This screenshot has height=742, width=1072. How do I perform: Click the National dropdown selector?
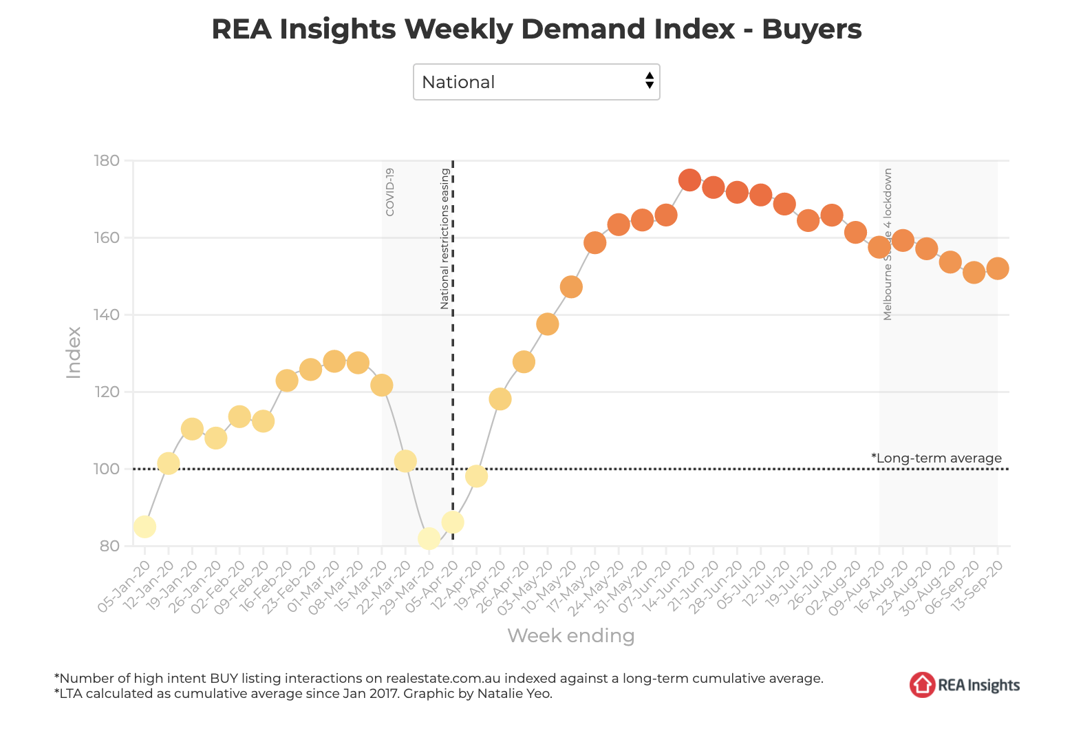coord(536,82)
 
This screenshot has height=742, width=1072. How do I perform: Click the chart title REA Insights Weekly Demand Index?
coord(536,30)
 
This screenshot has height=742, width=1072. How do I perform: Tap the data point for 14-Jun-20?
coord(689,180)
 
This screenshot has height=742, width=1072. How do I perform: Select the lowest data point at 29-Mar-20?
coord(429,538)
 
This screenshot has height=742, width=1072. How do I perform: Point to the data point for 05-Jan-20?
coord(144,527)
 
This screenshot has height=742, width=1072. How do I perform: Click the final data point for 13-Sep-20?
coord(997,268)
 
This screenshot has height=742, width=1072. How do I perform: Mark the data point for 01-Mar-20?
coord(334,361)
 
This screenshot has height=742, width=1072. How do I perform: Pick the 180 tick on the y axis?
coord(107,160)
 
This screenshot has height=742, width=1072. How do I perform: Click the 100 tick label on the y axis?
coord(107,469)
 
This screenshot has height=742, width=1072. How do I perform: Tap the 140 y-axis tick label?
coord(107,315)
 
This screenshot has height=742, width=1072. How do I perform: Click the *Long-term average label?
coord(936,458)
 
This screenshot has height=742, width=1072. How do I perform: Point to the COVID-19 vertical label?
coord(390,192)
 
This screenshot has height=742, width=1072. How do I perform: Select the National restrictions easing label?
coord(444,238)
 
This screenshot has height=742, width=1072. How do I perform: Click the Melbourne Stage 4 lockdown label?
coord(888,244)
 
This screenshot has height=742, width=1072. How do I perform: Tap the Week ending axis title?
coord(570,635)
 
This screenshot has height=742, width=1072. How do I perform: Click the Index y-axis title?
coord(74,352)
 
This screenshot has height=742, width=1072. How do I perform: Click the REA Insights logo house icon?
coord(922,684)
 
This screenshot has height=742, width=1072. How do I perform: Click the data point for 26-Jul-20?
coord(831,215)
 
